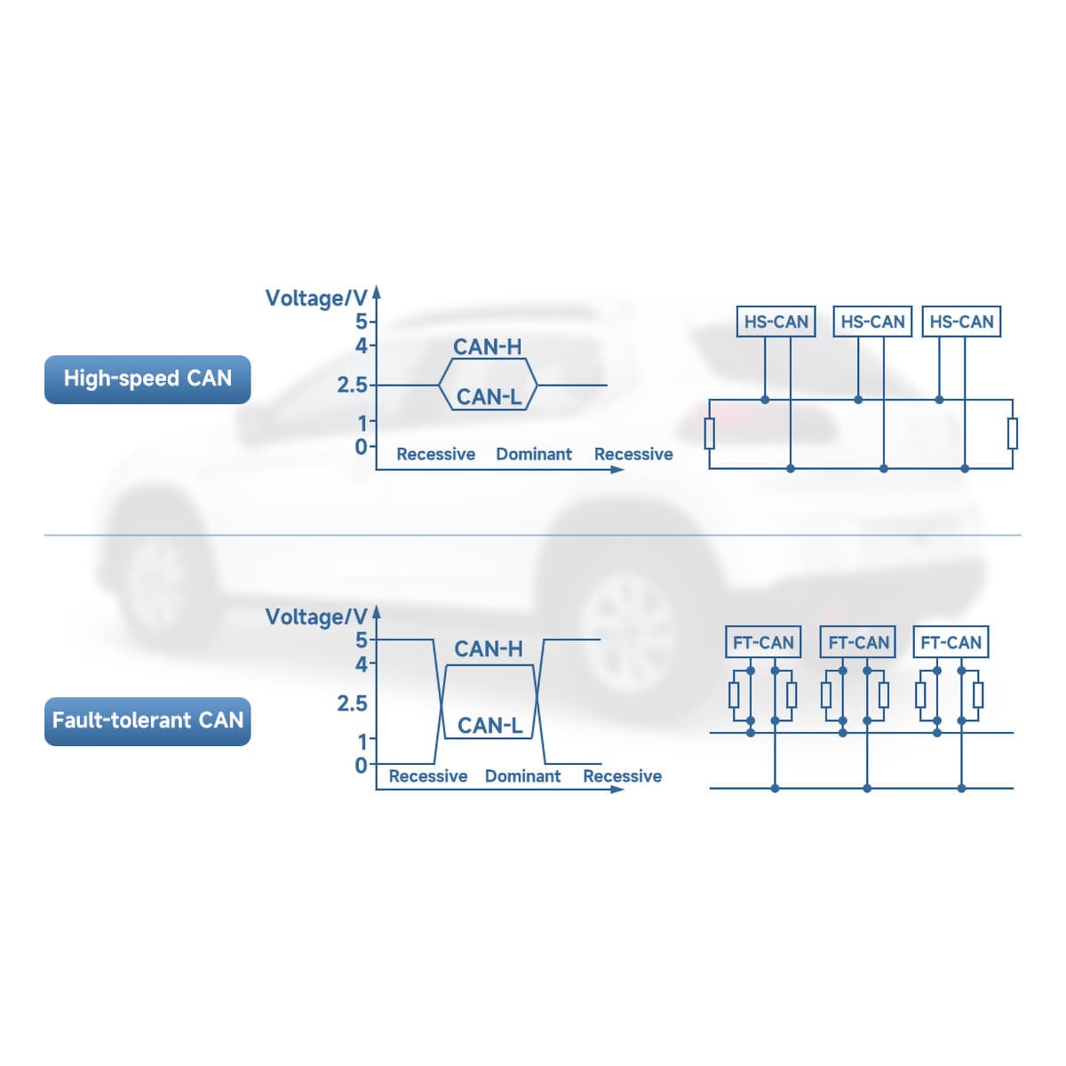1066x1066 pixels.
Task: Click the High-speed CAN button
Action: [147, 379]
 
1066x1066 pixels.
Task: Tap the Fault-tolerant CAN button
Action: [147, 720]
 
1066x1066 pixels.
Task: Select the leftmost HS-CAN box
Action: [776, 322]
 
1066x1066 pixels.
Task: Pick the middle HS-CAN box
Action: [872, 322]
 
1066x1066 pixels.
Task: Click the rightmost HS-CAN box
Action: [961, 322]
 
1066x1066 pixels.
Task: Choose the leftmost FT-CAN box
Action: [763, 642]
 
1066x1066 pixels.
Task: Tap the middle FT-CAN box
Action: [857, 642]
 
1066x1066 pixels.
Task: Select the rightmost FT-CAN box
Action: [951, 642]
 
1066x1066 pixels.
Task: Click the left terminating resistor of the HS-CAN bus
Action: [709, 434]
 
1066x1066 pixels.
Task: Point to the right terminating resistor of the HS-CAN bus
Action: [1013, 434]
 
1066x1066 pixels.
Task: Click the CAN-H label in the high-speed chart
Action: [487, 346]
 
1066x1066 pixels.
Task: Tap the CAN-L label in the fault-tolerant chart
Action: [489, 725]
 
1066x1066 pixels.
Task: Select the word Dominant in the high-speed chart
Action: [533, 454]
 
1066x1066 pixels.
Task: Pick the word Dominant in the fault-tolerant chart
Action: [522, 776]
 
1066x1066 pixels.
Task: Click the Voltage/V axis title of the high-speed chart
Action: [316, 298]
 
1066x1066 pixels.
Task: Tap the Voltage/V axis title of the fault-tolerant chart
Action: [316, 617]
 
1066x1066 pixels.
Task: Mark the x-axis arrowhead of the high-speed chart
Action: [617, 470]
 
